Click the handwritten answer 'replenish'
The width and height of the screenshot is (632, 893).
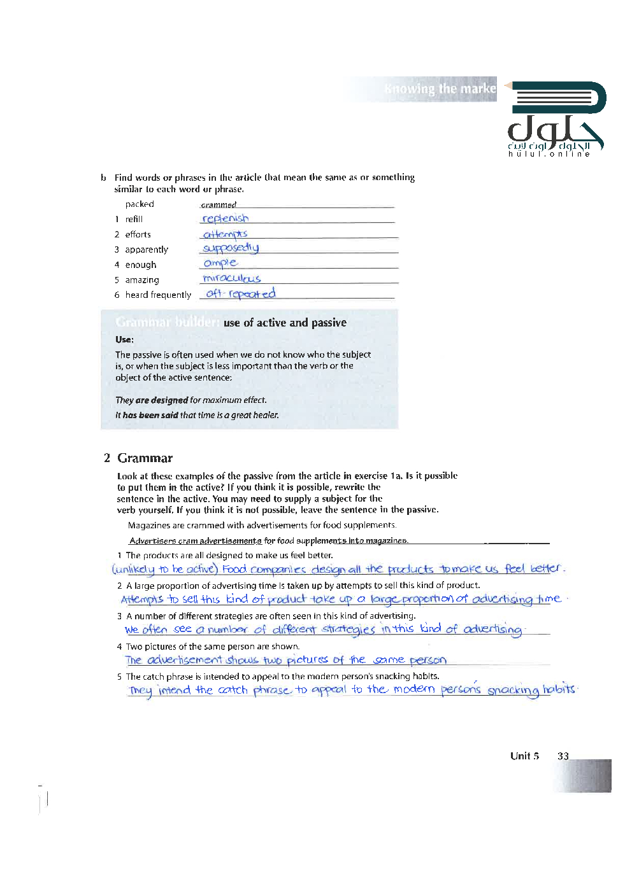(x=225, y=219)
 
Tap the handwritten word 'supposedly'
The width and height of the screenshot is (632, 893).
(x=231, y=248)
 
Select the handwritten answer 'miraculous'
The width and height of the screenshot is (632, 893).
(x=231, y=279)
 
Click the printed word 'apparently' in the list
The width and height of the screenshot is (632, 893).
(x=147, y=250)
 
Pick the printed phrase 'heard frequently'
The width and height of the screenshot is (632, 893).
(x=158, y=295)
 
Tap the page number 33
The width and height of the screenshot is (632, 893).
(x=563, y=756)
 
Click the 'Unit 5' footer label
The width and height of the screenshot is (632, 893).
(x=524, y=756)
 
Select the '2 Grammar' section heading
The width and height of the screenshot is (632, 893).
(x=138, y=458)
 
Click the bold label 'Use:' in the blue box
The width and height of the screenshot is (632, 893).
(x=124, y=340)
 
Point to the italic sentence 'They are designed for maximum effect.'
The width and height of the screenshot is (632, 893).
(x=191, y=400)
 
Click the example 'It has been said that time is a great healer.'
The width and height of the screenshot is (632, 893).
(x=197, y=415)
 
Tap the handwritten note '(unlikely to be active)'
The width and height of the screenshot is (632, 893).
(x=165, y=569)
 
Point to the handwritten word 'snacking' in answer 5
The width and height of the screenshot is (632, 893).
(x=513, y=691)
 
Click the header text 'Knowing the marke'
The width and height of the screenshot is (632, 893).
(x=440, y=89)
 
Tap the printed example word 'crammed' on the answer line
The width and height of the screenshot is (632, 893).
(x=219, y=205)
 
